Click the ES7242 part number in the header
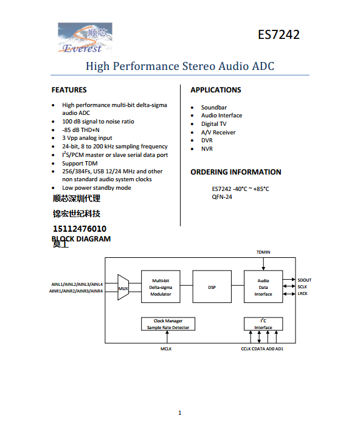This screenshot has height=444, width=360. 279,34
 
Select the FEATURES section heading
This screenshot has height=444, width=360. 69,90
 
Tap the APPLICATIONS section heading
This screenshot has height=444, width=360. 215,90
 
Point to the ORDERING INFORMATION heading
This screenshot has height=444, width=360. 235,172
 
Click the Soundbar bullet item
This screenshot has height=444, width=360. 213,107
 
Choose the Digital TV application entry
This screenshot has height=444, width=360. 213,123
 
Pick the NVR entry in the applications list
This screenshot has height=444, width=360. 207,148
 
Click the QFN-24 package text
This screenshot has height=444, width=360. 222,197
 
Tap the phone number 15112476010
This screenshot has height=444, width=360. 80,229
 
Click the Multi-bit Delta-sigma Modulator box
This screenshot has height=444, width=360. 161,287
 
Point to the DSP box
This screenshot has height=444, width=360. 212,287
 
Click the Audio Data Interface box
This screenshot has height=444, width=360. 263,287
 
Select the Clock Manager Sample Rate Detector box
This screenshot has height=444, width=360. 168,324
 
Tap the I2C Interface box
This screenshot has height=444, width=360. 263,324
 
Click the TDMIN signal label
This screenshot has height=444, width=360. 263,251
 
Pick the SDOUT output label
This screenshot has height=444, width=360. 304,280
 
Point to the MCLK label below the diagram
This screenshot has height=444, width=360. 167,349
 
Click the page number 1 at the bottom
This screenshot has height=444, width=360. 180,413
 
